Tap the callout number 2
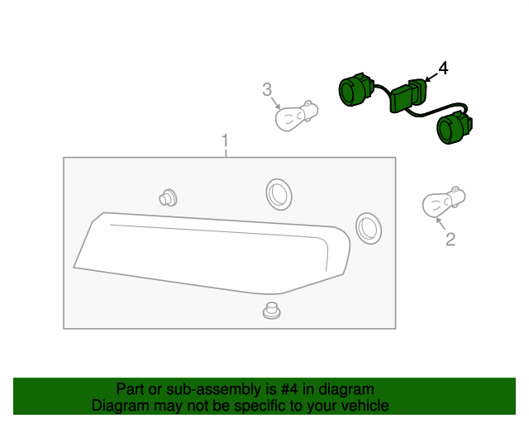[450, 240]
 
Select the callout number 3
[267, 88]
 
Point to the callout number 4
[443, 69]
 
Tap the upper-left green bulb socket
[356, 89]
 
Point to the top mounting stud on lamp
[168, 197]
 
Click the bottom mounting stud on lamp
[269, 311]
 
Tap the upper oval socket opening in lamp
[278, 193]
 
